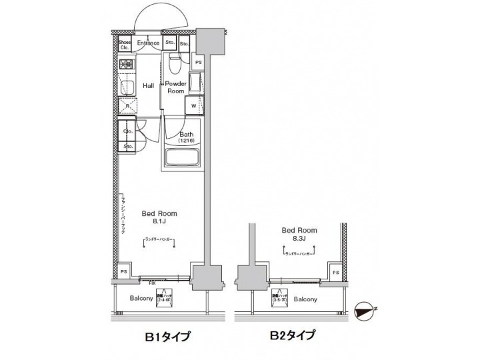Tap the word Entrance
[x=148, y=43]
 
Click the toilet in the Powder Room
[x=174, y=65]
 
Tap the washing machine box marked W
[x=194, y=106]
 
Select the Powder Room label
[x=176, y=87]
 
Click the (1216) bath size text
[x=186, y=141]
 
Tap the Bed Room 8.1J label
[x=159, y=217]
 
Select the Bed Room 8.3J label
[x=299, y=233]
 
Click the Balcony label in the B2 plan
[x=305, y=299]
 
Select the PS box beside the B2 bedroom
[x=335, y=273]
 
